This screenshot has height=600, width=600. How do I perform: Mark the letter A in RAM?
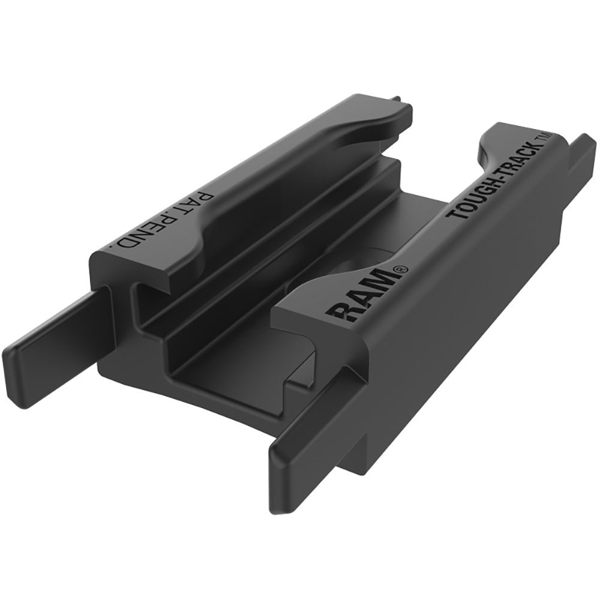pos(363,298)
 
